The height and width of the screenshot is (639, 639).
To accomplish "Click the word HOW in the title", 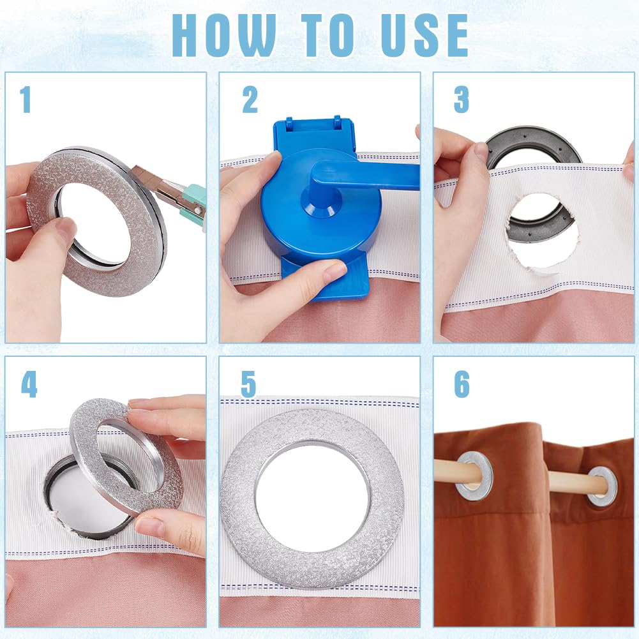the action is point(223,35).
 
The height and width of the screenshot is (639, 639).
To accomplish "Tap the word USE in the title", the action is point(425,35).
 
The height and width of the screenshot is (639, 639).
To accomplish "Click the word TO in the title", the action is point(327,35).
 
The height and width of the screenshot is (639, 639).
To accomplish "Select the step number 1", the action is point(26,100).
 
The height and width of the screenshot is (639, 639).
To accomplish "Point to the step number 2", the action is point(250,100).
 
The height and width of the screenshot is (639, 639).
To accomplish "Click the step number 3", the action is point(462,100).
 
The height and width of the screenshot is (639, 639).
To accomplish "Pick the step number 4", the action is point(29,384).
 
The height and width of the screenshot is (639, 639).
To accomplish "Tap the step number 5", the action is point(248,384).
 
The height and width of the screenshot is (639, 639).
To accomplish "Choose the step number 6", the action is point(462,384).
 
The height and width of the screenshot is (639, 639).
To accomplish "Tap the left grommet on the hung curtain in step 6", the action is point(474,475).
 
